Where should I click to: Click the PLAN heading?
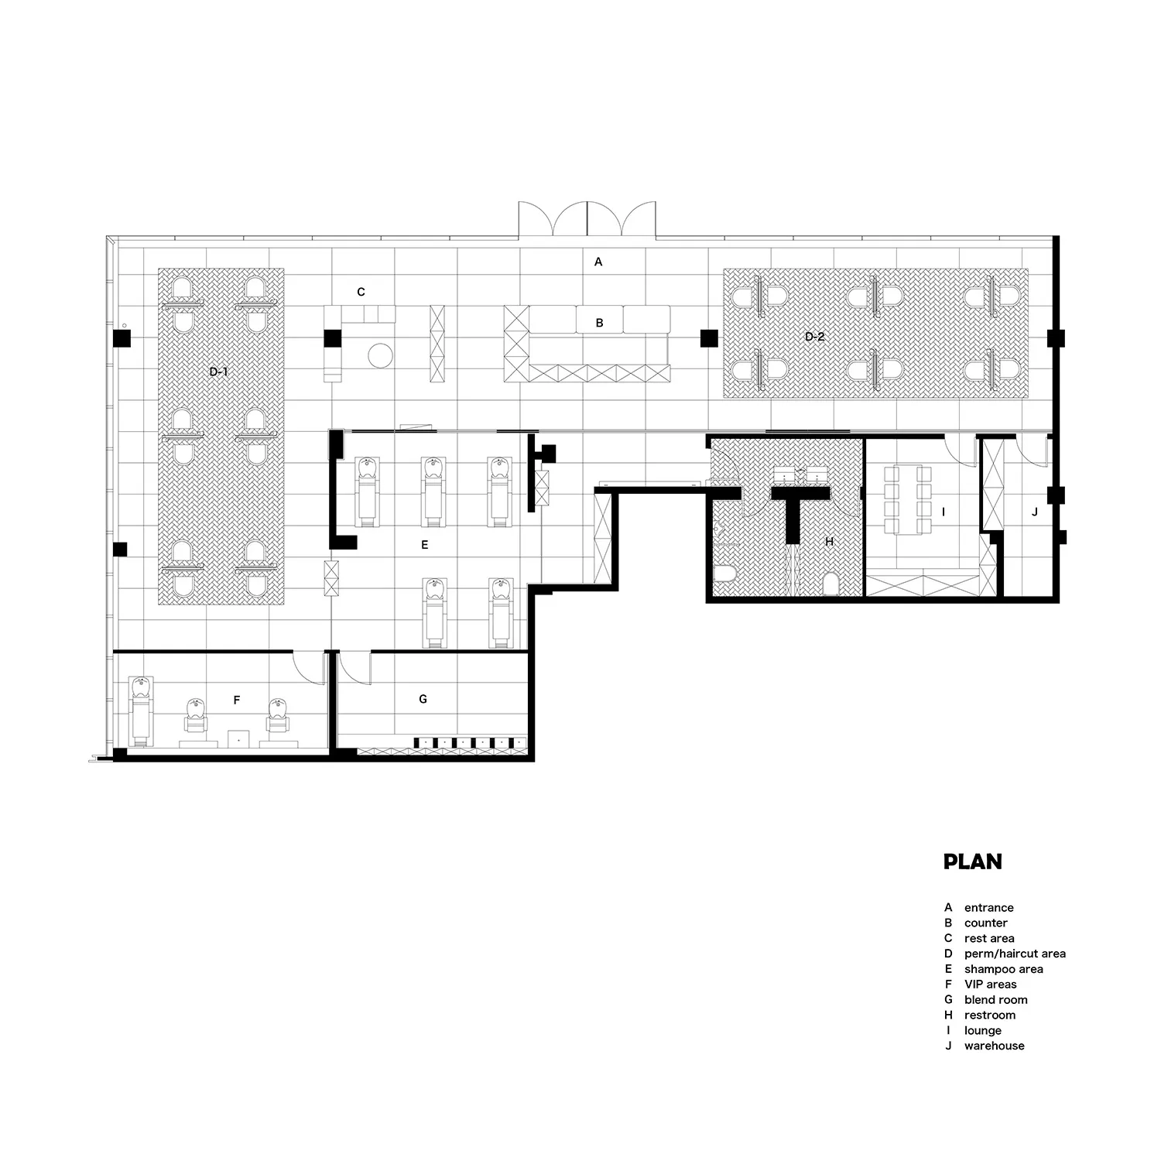[972, 861]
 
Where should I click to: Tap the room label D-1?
[218, 372]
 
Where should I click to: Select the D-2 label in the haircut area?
[814, 336]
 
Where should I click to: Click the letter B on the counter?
[599, 324]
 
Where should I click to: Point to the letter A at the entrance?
[598, 262]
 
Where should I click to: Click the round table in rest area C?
[380, 356]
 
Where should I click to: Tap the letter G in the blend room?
[423, 699]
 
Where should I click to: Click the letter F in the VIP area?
[237, 700]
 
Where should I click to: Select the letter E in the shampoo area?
[425, 545]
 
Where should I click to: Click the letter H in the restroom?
[829, 542]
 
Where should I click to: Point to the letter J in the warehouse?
[1035, 512]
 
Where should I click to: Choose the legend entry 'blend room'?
[995, 1000]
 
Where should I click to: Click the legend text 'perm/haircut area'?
[1015, 954]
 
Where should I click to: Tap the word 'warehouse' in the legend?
[994, 1046]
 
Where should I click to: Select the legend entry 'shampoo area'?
[1003, 969]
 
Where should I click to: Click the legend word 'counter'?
[985, 923]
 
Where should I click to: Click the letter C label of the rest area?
[361, 292]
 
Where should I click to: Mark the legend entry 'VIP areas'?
[990, 985]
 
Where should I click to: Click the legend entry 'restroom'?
[989, 1015]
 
